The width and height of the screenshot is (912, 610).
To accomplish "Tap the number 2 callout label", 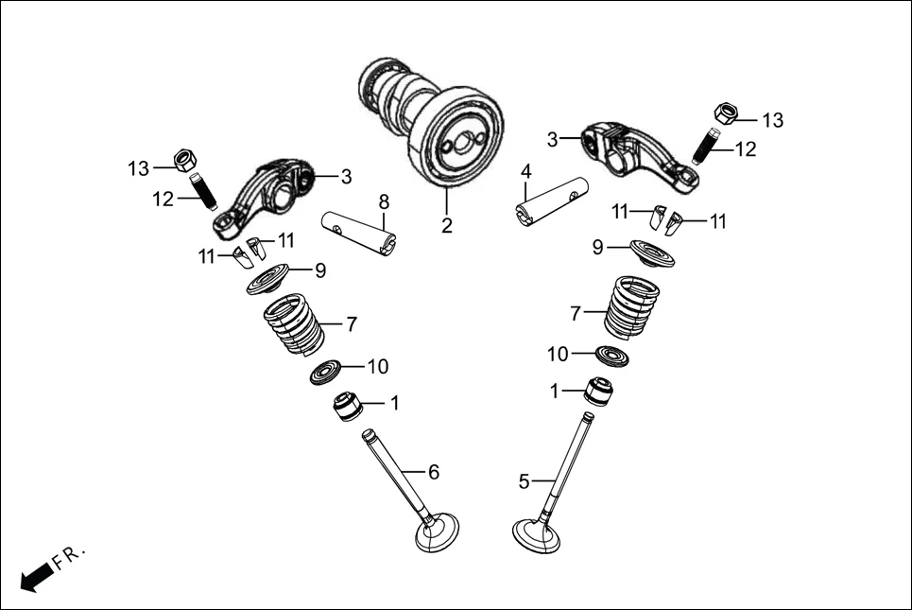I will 446,226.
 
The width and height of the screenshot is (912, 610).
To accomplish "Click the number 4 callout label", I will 526,172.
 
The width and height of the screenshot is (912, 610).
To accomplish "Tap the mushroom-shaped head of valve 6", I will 438,534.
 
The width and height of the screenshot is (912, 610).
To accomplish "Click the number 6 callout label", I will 434,471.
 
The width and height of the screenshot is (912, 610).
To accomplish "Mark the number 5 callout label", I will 524,481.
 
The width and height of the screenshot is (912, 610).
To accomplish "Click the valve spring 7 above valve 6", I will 294,324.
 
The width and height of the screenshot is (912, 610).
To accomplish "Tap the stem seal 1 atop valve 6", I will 347,407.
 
